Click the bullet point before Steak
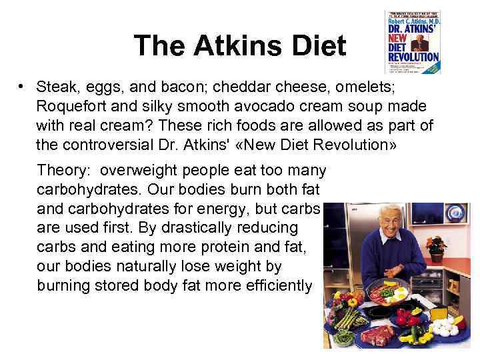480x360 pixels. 22,87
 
